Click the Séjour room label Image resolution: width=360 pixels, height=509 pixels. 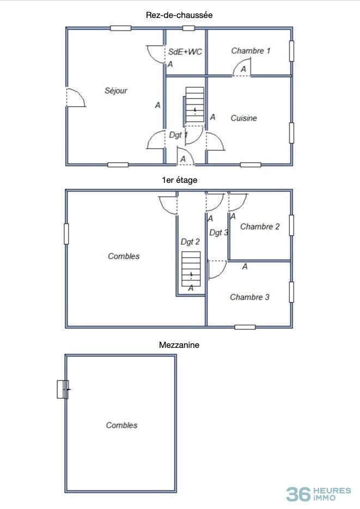116,90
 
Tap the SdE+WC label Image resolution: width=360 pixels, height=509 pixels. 185,52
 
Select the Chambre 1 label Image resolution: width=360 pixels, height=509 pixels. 251,51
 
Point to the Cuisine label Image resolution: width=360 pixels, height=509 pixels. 243,118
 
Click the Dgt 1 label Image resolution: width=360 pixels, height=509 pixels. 178,135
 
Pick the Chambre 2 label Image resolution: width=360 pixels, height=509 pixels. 260,226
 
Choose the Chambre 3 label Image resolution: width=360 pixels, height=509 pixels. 249,297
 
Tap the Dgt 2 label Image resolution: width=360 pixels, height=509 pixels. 190,242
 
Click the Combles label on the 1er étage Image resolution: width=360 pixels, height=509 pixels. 124,256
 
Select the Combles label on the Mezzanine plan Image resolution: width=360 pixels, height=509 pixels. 122,425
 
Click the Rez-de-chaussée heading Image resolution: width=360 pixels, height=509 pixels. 179,15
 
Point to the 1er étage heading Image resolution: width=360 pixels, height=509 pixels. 180,180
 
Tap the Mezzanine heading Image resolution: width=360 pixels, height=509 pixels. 179,345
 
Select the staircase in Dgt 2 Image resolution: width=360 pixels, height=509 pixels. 191,269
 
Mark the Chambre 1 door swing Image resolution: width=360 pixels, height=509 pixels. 242,67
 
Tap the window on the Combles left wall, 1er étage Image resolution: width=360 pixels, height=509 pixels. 66,234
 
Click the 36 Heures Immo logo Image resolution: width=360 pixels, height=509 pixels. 319,494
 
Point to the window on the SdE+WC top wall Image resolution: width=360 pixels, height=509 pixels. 188,28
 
